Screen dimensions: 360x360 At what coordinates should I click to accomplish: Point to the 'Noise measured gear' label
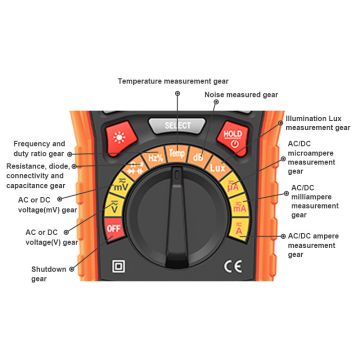(240, 95)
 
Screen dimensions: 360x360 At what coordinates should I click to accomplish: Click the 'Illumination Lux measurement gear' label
(317, 123)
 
